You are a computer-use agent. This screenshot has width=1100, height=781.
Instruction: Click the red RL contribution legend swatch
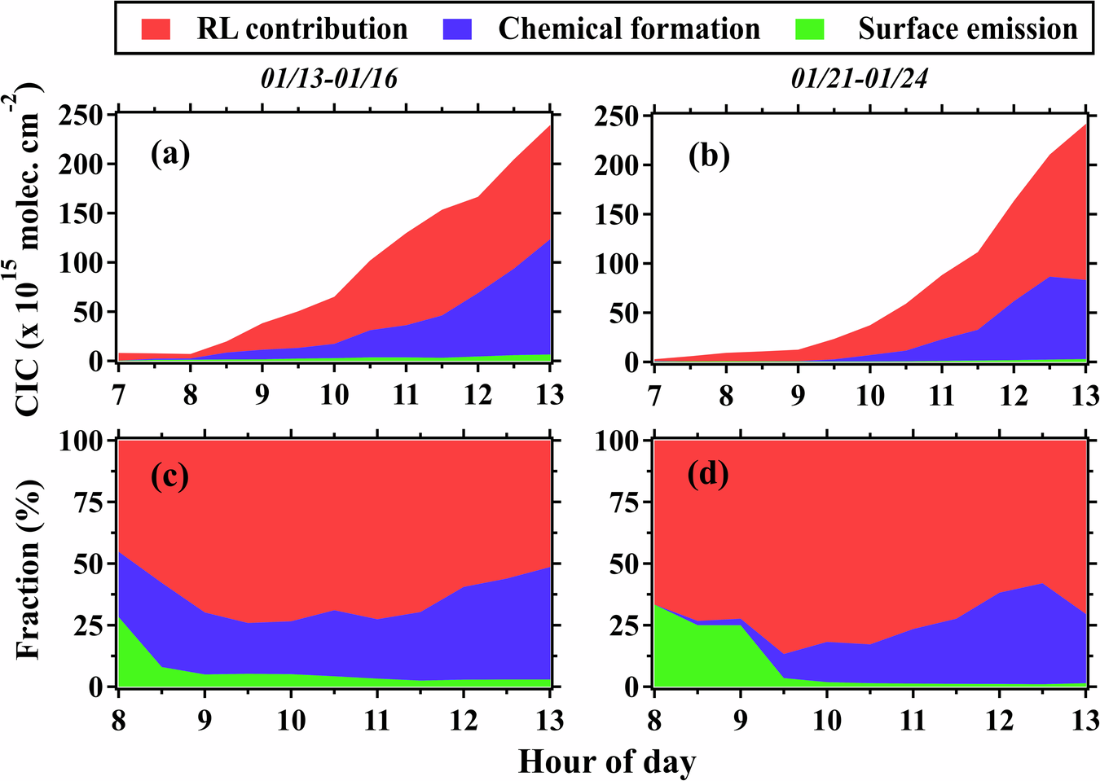(x=156, y=29)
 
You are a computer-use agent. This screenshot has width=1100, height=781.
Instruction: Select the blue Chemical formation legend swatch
(x=457, y=29)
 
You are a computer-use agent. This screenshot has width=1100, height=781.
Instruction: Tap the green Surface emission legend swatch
(x=810, y=29)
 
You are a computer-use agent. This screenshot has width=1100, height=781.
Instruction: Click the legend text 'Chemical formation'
(x=628, y=29)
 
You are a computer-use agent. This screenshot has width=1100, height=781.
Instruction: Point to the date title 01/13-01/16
(x=329, y=78)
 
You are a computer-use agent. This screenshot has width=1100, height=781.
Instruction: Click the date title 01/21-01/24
(x=860, y=78)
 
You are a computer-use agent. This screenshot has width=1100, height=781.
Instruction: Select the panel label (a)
(x=170, y=153)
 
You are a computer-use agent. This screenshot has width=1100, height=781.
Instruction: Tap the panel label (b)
(x=709, y=155)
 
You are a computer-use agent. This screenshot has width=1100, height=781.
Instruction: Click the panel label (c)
(x=170, y=476)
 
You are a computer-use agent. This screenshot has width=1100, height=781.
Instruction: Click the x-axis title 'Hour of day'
(x=607, y=762)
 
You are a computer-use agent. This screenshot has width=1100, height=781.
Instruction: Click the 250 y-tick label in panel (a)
(x=83, y=116)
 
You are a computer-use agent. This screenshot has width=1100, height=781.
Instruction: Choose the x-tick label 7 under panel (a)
(x=119, y=395)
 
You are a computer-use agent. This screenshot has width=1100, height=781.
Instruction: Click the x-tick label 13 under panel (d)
(x=1084, y=720)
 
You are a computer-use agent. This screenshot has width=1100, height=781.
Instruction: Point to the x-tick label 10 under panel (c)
(x=291, y=720)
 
